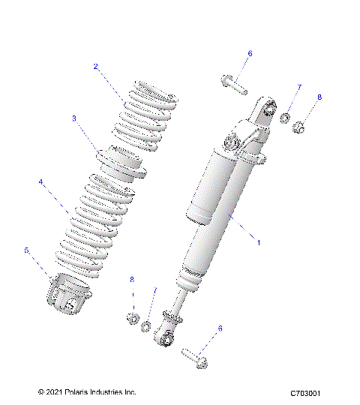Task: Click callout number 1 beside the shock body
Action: [x=259, y=243]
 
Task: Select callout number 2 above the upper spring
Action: [x=96, y=66]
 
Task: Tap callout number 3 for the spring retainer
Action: [x=74, y=118]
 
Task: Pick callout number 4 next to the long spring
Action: [x=41, y=181]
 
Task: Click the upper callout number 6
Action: [x=250, y=53]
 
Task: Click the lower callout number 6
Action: [x=220, y=328]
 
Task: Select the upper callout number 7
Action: [x=298, y=88]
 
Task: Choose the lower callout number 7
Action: [x=155, y=290]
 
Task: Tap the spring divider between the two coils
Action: [x=118, y=165]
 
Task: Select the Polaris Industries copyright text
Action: [x=86, y=391]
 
